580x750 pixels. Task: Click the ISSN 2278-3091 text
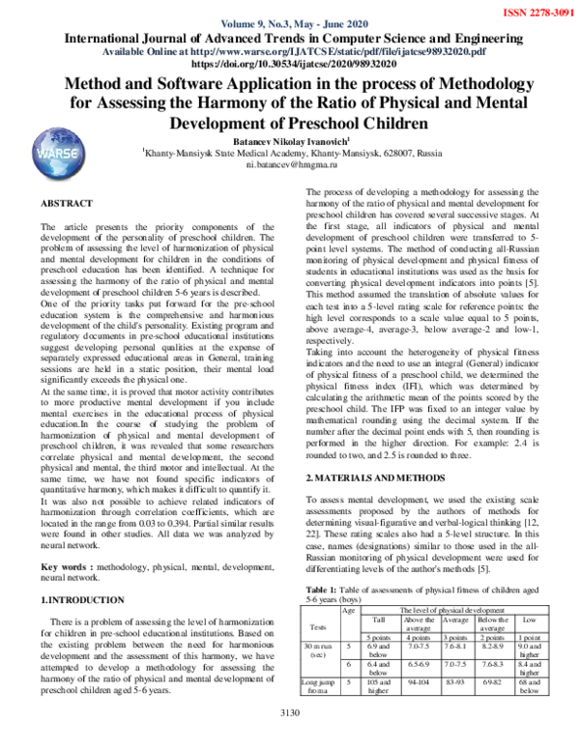pyautogui.click(x=533, y=12)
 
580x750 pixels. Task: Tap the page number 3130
pyautogui.click(x=290, y=740)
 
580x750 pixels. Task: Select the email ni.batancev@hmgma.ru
pyautogui.click(x=289, y=165)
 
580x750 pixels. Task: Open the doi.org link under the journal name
pyautogui.click(x=290, y=64)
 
